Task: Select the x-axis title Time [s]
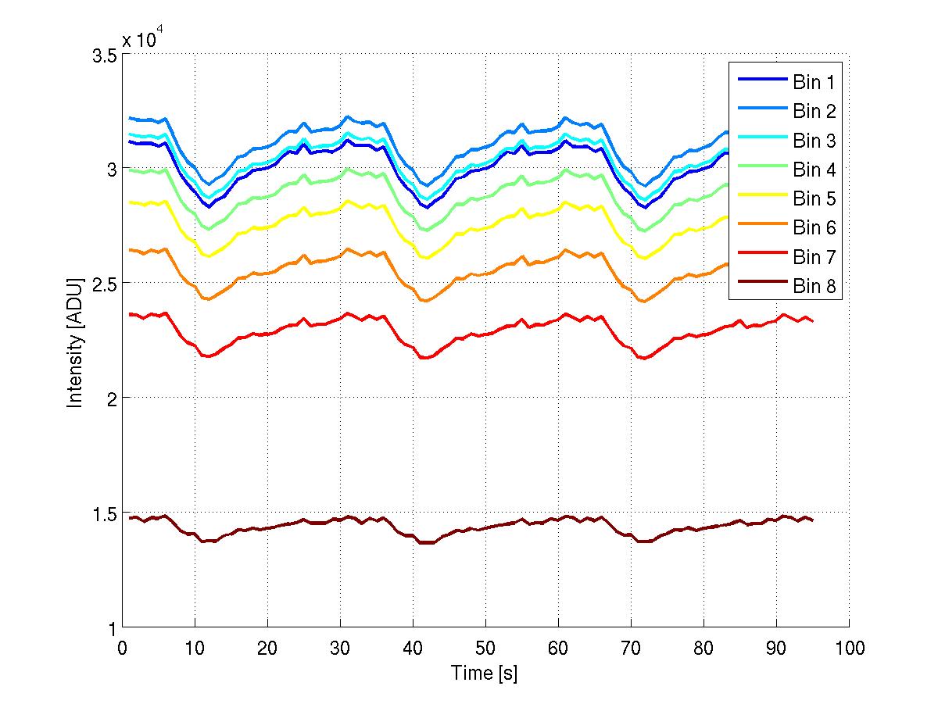pos(485,673)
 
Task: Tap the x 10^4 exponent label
pos(142,39)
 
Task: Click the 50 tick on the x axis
pos(485,648)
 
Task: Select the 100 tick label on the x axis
pos(849,648)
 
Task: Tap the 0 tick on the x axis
pos(122,648)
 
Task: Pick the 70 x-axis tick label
pos(631,648)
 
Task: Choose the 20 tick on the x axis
pos(267,648)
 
